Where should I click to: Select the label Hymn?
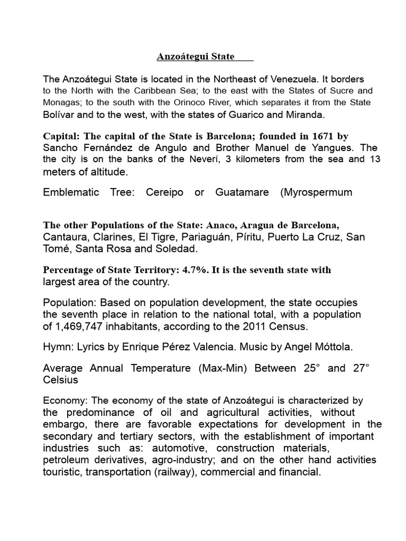pyautogui.click(x=56, y=348)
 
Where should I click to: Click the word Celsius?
pyautogui.click(x=60, y=380)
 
